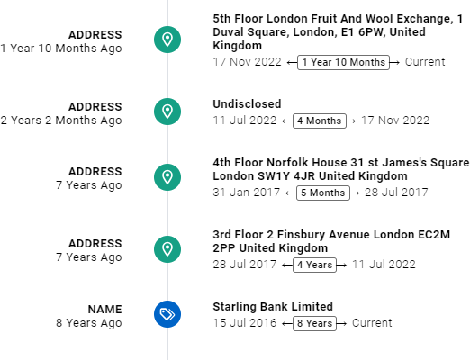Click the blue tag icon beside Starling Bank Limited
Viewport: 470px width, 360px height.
point(167,314)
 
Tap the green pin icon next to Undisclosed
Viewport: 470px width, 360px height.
point(167,112)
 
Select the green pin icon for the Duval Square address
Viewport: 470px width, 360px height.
point(167,40)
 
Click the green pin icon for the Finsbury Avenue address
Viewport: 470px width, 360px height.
point(167,249)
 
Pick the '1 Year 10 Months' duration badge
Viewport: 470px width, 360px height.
point(343,62)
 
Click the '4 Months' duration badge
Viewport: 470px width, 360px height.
point(320,121)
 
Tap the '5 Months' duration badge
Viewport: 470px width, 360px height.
point(323,193)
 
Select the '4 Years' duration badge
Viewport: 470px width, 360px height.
point(314,265)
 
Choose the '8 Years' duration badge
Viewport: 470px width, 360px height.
point(314,323)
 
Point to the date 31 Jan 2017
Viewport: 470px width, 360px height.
point(247,193)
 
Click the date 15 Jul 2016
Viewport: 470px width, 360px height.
point(245,323)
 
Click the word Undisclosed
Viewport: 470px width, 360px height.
point(247,104)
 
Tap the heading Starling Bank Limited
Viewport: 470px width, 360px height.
point(273,307)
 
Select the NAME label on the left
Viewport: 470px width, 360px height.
point(105,310)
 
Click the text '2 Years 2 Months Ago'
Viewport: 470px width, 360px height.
point(61,121)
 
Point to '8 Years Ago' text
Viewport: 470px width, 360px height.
point(89,323)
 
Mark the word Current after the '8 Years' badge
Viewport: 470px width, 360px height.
point(372,323)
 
